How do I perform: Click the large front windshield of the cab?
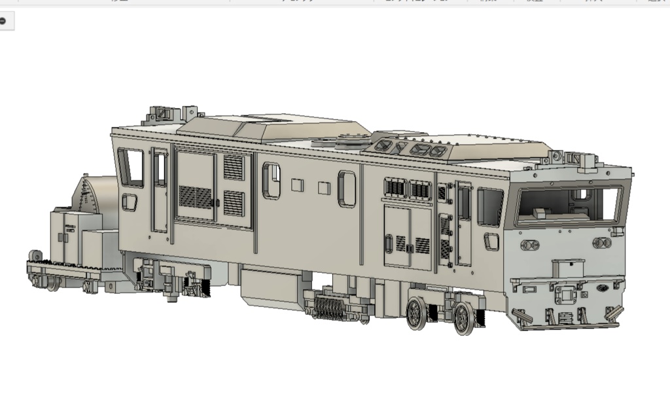click(568, 205)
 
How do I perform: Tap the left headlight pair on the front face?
click(529, 245)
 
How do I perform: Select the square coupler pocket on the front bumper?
click(563, 296)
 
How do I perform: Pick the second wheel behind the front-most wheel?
click(416, 313)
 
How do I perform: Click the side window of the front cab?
click(490, 207)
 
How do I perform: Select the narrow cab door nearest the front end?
click(464, 224)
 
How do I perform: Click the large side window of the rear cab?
click(131, 168)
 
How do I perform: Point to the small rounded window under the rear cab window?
click(130, 203)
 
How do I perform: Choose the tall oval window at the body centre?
click(347, 189)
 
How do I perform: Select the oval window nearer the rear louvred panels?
click(271, 181)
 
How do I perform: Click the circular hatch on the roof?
click(351, 140)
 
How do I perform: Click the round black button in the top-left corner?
click(3, 21)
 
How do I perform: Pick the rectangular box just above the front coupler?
click(567, 268)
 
